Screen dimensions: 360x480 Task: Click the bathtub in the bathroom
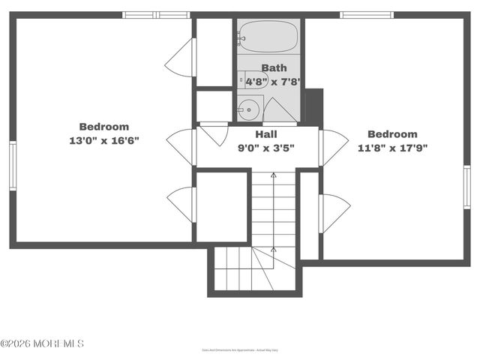268,35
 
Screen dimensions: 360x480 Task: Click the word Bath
274,68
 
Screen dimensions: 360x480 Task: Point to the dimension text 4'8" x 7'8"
273,81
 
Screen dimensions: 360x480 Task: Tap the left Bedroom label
103,127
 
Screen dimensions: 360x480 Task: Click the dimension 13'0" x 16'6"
103,140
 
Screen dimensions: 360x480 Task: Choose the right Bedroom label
392,134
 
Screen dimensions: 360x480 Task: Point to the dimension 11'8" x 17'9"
392,148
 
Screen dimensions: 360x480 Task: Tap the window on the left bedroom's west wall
13,165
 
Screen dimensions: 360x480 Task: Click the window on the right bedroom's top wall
366,14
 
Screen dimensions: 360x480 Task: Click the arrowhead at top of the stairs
273,175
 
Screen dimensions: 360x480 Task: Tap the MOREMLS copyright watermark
43,343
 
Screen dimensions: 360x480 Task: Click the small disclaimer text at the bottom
239,350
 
